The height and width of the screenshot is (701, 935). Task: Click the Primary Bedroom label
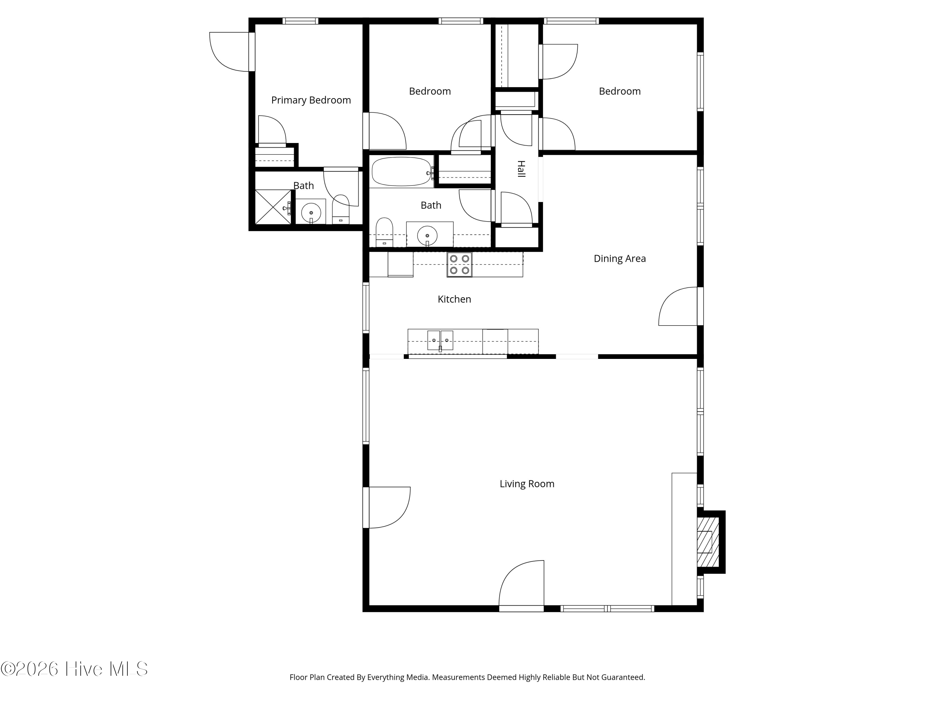tap(311, 100)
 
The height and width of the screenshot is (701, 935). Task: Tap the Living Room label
tap(527, 484)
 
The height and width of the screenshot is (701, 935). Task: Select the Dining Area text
tap(620, 259)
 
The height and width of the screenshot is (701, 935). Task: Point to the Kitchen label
tap(454, 299)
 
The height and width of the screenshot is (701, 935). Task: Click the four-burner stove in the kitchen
tap(459, 265)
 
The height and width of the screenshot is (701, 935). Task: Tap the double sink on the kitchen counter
tap(440, 341)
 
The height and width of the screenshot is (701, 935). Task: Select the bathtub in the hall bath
tap(401, 172)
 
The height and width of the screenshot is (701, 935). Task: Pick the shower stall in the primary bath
tap(273, 207)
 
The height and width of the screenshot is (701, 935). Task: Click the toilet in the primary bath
tap(341, 209)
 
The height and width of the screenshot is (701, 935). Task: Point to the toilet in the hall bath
tap(384, 232)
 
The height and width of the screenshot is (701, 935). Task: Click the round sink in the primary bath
tap(311, 212)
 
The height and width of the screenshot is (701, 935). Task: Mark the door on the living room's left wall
tap(387, 508)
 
